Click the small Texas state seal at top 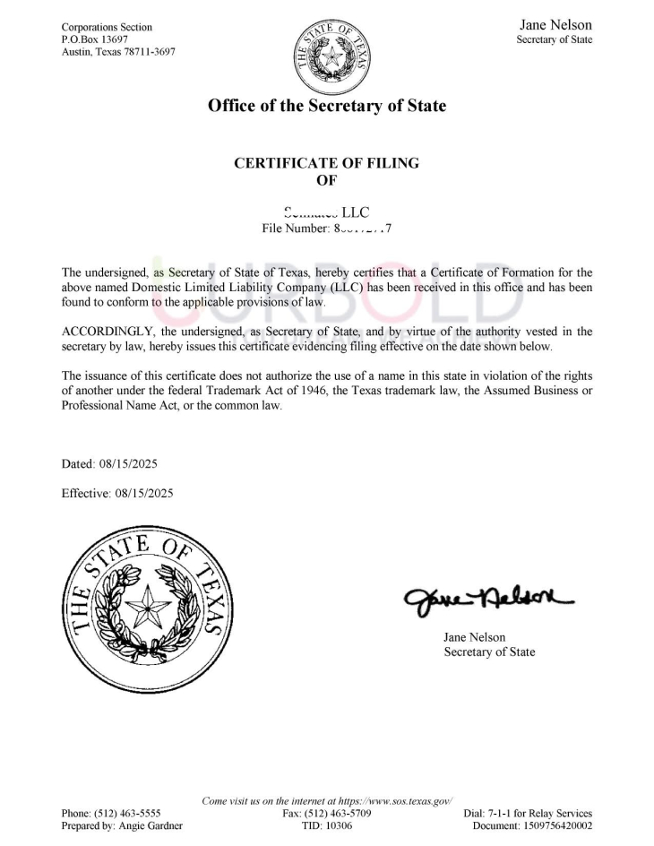pyautogui.click(x=326, y=53)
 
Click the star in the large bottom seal pyautogui.click(x=144, y=610)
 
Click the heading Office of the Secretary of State pyautogui.click(x=326, y=106)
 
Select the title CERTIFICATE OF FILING pyautogui.click(x=326, y=163)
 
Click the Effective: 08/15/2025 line pyautogui.click(x=116, y=493)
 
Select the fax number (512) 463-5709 pyautogui.click(x=339, y=813)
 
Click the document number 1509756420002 pyautogui.click(x=555, y=825)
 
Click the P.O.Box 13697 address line pyautogui.click(x=94, y=39)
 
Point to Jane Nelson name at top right pyautogui.click(x=555, y=25)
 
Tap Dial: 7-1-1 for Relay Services pyautogui.click(x=528, y=813)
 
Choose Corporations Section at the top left pyautogui.click(x=107, y=27)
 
